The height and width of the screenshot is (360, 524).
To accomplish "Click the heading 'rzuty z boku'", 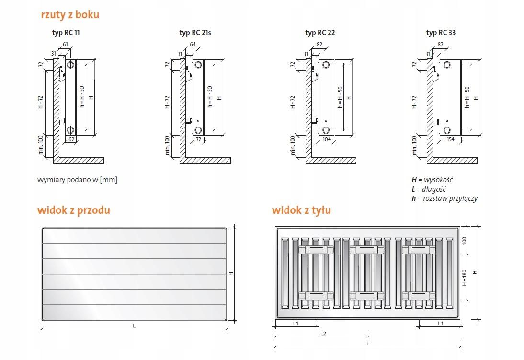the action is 70,15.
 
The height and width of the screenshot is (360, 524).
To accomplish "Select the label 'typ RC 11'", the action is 66,33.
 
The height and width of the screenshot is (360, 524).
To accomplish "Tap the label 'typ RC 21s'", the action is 195,33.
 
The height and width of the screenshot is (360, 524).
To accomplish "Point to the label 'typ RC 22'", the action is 320,33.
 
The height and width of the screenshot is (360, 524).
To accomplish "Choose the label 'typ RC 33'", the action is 441,33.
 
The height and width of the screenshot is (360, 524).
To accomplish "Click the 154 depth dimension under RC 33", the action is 451,139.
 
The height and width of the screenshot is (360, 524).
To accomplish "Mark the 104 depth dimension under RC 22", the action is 327,139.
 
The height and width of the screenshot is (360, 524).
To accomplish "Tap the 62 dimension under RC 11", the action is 71,139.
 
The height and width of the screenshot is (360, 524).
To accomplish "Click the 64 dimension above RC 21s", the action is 193,45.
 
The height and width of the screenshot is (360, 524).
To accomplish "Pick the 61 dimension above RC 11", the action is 66,45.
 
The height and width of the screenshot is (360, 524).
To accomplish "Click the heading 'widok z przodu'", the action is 74,210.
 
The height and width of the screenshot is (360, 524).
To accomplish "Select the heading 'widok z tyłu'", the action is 301,210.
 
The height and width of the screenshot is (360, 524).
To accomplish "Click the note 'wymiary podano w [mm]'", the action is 77,180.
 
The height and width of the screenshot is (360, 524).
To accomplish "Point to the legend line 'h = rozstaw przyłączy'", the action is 444,198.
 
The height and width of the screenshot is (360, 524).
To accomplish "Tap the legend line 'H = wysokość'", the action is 432,180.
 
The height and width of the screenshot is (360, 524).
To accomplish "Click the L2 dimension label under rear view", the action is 323,334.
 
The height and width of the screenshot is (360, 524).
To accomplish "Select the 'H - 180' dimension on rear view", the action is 464,278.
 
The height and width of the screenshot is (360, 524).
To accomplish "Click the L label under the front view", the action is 134,326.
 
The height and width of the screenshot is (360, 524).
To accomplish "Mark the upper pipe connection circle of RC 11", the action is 70,65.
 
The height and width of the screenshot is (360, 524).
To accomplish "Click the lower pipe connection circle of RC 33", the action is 447,130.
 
